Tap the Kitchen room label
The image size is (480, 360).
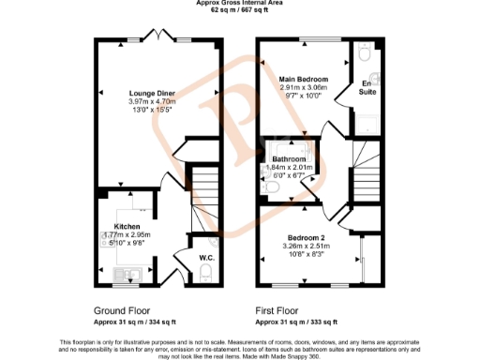(127, 226)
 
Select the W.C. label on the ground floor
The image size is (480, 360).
(207, 256)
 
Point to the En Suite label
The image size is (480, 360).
(367, 88)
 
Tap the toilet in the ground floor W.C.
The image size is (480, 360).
(206, 274)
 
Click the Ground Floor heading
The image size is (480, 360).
(122, 309)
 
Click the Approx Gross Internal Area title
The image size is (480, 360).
(240, 4)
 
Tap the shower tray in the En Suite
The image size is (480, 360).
(367, 122)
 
